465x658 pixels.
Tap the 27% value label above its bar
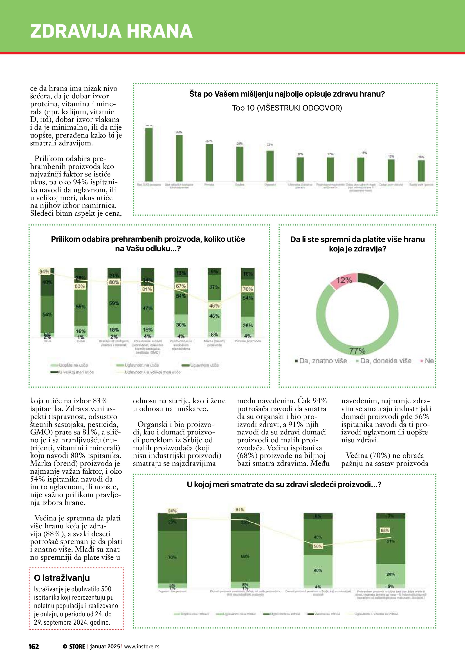[x=209, y=141]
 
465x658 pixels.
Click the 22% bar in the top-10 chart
[x=270, y=166]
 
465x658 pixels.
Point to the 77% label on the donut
[x=357, y=351]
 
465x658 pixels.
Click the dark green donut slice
[x=371, y=280]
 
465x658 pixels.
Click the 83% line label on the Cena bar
[x=80, y=286]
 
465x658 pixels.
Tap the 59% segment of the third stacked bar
[x=114, y=303]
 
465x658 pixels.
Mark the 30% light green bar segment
[x=181, y=325]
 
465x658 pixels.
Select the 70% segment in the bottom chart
[x=172, y=557]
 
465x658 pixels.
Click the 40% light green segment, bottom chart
[x=318, y=570]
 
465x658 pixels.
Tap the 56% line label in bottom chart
[x=318, y=546]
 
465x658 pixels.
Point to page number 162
[x=34, y=647]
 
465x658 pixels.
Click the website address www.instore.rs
[x=142, y=647]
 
